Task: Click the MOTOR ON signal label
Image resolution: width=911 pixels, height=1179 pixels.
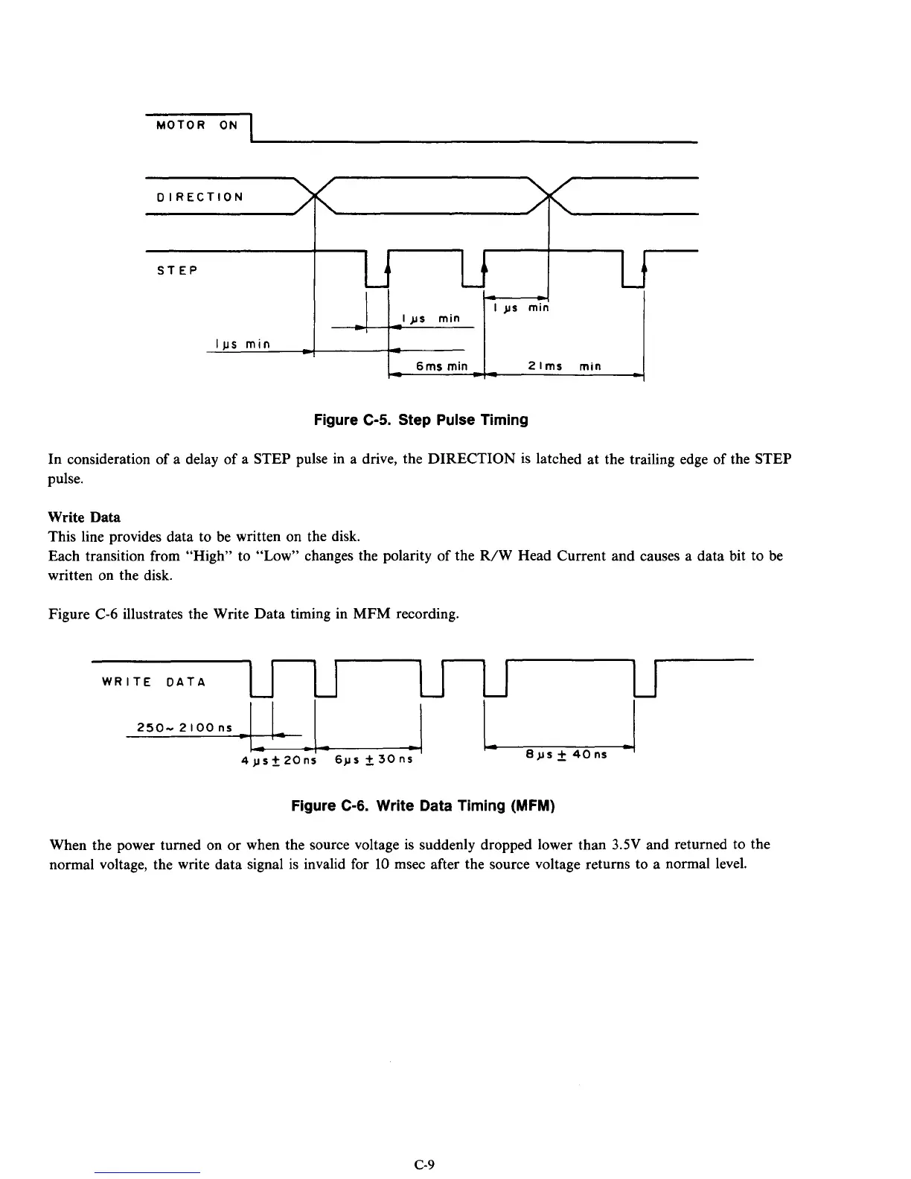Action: pos(197,125)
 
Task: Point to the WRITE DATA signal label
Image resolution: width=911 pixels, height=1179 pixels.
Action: pos(153,681)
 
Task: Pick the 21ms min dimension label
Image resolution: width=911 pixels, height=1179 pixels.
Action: pos(564,366)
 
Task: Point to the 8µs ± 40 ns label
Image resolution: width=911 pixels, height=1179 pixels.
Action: pos(566,754)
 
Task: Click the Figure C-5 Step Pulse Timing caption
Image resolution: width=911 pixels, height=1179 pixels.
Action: pos(421,420)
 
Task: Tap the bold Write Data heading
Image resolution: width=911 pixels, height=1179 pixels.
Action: pos(84,517)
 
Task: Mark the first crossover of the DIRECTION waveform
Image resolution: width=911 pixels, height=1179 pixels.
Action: pos(315,196)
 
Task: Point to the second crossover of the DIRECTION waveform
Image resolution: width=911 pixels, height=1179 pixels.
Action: pos(548,196)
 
